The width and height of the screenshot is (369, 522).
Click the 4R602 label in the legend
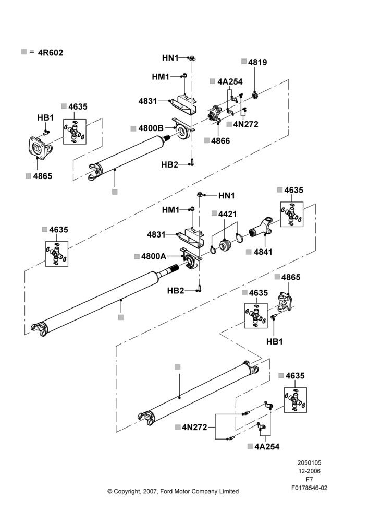pos(50,53)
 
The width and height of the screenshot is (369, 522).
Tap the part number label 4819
pos(257,62)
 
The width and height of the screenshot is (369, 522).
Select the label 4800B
pos(151,128)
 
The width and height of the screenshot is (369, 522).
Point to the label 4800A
pos(154,256)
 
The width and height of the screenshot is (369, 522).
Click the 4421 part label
pos(227,213)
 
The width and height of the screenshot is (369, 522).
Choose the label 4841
pos(263,252)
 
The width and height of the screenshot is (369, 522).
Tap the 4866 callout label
pos(220,140)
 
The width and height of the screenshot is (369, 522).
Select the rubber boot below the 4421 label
pos(225,246)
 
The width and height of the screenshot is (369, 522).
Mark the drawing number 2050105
pos(309,462)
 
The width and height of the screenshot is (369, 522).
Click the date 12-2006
pos(309,471)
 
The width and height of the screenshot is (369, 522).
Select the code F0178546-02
pos(309,488)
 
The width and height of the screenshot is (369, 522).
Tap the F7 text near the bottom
pos(309,479)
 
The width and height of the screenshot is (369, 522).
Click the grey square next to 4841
pos(249,252)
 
